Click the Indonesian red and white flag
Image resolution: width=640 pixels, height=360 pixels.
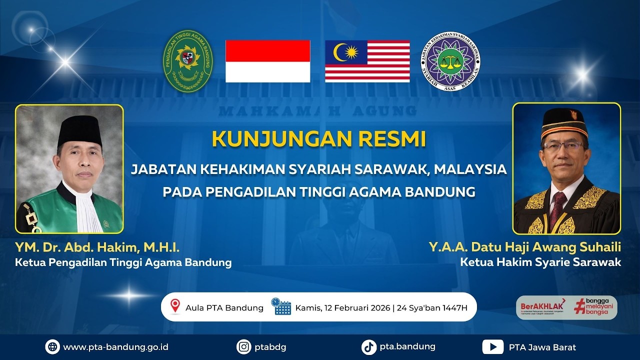[267, 61]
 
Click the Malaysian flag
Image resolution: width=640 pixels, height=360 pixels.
[367, 61]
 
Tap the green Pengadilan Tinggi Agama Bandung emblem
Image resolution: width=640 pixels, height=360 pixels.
[188, 61]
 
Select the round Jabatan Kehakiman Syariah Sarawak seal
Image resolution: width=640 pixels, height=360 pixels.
[450, 61]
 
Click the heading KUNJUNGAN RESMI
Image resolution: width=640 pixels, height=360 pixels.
[319, 139]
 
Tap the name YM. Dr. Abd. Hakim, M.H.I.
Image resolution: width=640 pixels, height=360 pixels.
[97, 247]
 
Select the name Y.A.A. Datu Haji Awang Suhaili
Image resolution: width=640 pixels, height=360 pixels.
[524, 247]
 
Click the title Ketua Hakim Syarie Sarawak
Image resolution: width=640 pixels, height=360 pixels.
[540, 262]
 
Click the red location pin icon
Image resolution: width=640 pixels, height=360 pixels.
[175, 306]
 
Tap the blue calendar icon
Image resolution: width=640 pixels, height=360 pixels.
[281, 306]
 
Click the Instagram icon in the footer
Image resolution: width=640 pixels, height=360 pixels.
[243, 346]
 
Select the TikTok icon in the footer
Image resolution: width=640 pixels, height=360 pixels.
[369, 346]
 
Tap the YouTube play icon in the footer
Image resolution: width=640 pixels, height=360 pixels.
[492, 346]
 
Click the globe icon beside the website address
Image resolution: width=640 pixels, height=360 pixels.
[52, 346]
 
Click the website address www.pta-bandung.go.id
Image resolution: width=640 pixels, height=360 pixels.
[115, 347]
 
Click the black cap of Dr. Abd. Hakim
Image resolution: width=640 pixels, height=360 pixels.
[79, 130]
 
